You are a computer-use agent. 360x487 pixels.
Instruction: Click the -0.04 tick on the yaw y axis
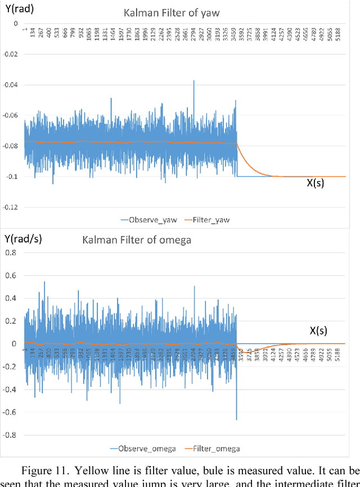point(10,85)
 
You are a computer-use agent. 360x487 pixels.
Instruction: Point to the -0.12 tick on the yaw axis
point(10,207)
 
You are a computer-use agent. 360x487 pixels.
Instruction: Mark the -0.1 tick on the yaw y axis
point(12,177)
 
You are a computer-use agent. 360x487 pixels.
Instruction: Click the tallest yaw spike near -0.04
point(194,82)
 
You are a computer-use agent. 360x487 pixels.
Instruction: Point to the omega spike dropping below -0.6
point(236,417)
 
